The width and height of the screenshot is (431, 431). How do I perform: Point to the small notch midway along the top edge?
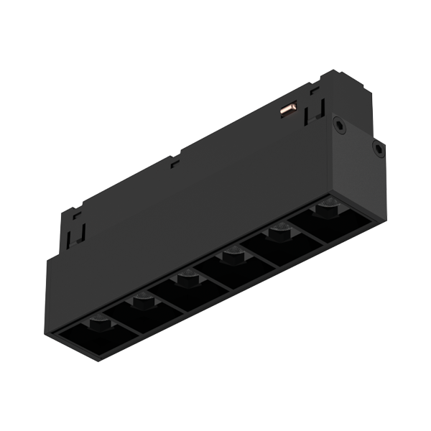click(x=173, y=162)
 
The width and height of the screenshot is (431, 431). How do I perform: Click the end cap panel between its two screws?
click(x=359, y=138)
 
